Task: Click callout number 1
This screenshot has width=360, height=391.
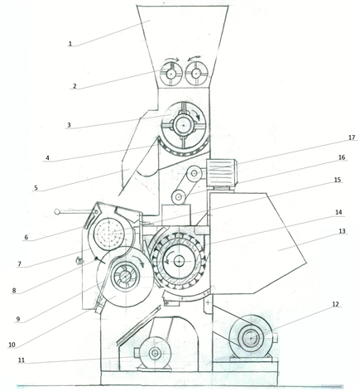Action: (x=70, y=44)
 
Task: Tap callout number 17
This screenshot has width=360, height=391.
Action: (x=352, y=138)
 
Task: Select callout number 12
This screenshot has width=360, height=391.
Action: (x=335, y=304)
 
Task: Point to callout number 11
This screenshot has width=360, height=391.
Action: (x=22, y=360)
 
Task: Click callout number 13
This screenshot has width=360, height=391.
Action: (x=342, y=231)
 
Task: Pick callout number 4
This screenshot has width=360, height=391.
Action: (x=47, y=158)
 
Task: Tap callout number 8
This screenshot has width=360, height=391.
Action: (x=14, y=290)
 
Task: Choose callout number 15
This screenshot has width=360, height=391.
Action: (x=338, y=180)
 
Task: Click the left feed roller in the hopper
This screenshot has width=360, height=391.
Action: (x=171, y=74)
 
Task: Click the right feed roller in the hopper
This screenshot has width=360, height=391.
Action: (x=196, y=74)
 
